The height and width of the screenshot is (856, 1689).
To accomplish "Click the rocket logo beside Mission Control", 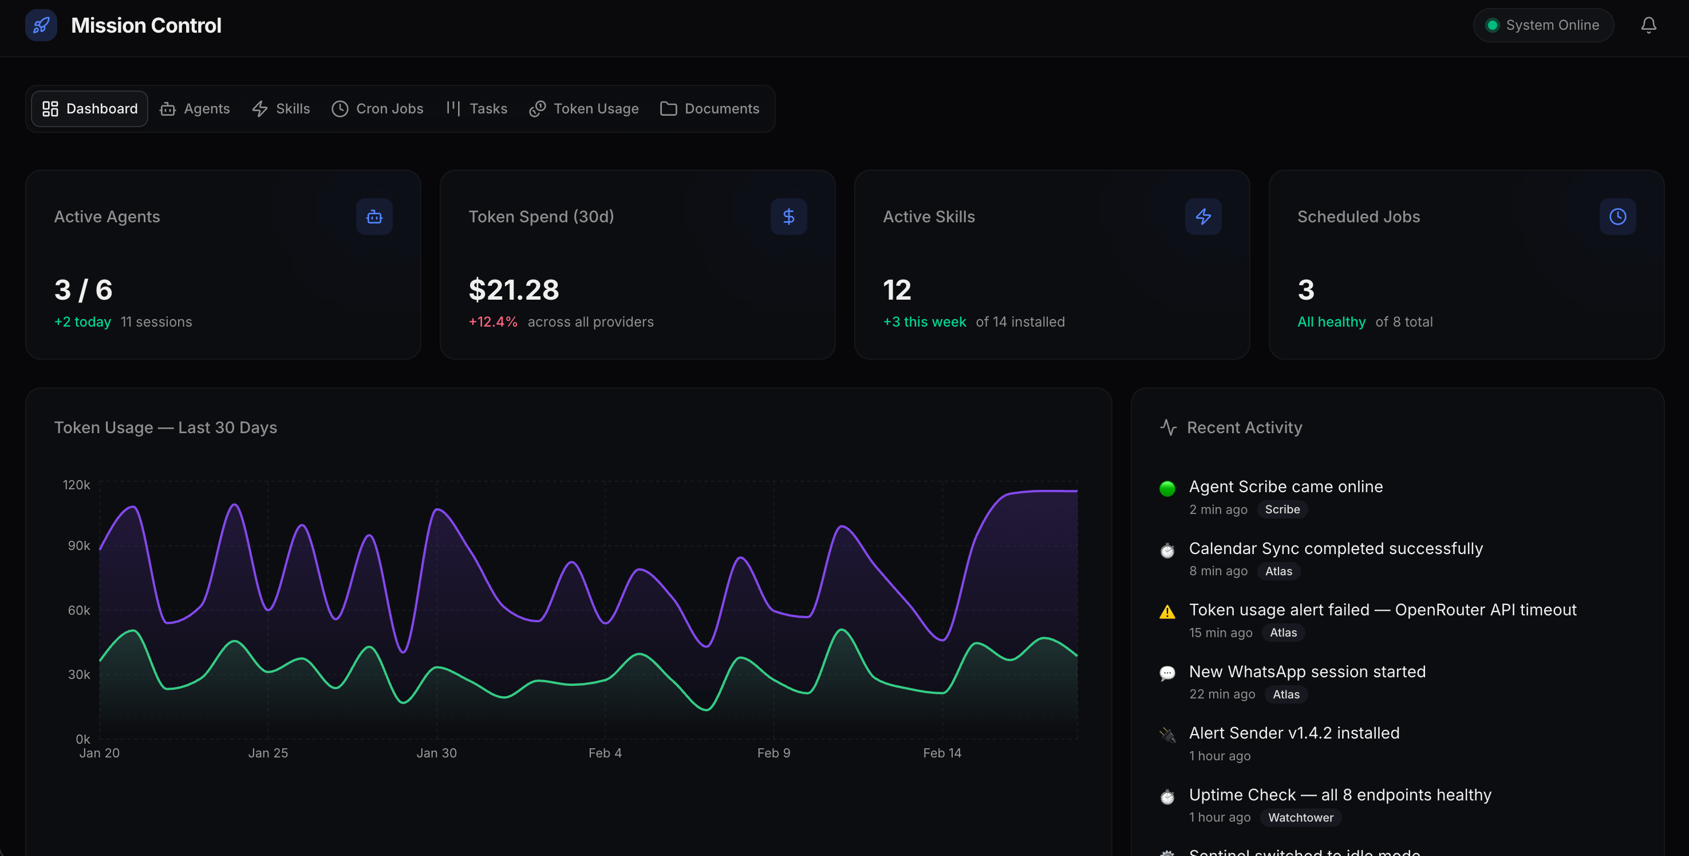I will (41, 26).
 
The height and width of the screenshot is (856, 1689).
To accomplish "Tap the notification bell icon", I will (1648, 25).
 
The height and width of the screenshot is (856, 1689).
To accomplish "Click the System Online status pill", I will (1543, 25).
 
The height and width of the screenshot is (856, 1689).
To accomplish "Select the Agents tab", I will (195, 109).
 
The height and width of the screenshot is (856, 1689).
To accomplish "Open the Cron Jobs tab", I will (378, 109).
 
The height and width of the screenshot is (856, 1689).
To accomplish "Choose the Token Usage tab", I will (583, 109).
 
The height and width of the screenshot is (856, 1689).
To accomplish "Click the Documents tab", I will (709, 109).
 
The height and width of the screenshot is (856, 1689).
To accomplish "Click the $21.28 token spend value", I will (514, 290).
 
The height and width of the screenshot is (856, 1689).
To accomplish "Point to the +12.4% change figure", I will (492, 322).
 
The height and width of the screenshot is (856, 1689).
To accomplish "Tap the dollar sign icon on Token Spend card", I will (788, 217).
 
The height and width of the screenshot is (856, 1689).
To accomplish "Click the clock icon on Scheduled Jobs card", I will (1617, 217).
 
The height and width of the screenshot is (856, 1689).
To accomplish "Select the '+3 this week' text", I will (924, 322).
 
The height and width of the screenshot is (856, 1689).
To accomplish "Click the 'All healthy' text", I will (1331, 322).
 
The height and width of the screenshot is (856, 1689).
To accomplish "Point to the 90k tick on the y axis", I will (78, 545).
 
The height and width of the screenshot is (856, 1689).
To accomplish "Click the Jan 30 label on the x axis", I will (437, 753).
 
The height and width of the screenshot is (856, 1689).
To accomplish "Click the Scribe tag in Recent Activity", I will (1282, 510).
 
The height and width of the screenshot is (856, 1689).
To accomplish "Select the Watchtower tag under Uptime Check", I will (1300, 817).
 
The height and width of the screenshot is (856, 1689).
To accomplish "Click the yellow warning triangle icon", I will (1167, 612).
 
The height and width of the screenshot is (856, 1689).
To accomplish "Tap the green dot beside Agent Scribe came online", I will (1167, 489).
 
